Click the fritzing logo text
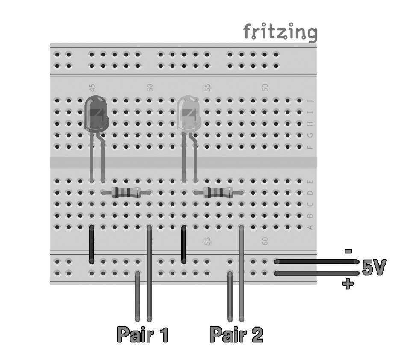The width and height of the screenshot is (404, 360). [x=280, y=32]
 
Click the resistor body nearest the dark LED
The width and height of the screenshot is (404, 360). [x=126, y=193]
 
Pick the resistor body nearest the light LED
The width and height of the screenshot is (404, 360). [x=219, y=193]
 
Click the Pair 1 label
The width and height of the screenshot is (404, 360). [x=142, y=335]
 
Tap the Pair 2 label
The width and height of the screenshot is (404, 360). [x=236, y=335]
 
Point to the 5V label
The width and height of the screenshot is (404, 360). [x=374, y=268]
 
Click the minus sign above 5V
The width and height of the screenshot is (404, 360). [x=348, y=252]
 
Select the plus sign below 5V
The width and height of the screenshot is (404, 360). [x=348, y=283]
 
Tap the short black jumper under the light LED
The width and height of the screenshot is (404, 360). [x=184, y=244]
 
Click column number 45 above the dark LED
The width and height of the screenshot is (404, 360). [x=92, y=88]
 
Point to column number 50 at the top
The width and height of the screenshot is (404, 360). [x=150, y=88]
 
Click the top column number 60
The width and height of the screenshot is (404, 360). [x=265, y=88]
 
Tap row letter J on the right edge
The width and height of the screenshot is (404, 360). [x=310, y=101]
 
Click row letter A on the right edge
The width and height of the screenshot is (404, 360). [x=310, y=227]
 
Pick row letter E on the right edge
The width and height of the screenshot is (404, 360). [x=310, y=181]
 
